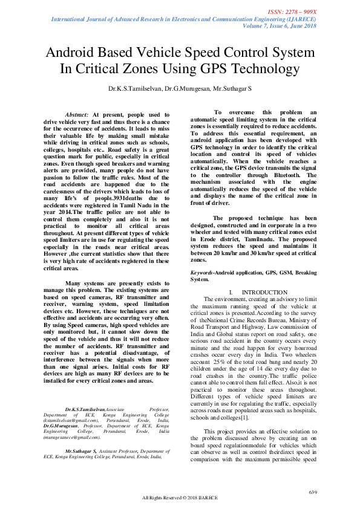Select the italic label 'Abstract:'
tap(76, 114)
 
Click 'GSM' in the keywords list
tap(284, 274)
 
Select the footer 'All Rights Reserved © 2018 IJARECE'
tap(180, 498)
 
